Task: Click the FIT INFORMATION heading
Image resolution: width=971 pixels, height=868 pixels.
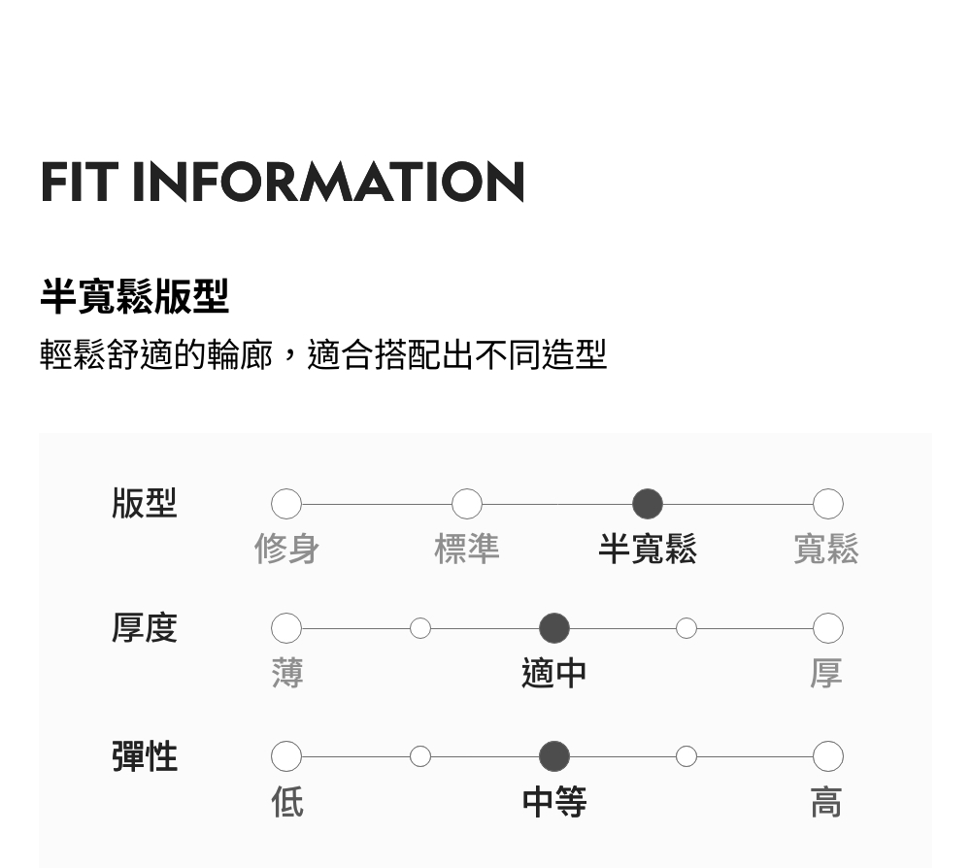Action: pos(283,182)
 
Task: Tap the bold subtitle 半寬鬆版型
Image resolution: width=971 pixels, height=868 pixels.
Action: pos(134,296)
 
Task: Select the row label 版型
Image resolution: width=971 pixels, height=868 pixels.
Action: pos(145,504)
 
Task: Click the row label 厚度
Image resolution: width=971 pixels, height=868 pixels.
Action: pos(145,628)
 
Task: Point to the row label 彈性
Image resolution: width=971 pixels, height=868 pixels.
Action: pos(145,756)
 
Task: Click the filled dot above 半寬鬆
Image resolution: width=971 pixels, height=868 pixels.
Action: pos(648,504)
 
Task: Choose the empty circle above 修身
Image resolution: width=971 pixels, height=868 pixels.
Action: pos(286,504)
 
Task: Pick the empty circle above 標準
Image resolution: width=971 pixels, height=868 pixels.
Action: pos(467,504)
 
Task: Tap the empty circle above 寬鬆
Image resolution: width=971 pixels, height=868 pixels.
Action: pos(827,504)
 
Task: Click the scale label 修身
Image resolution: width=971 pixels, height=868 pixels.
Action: pos(286,550)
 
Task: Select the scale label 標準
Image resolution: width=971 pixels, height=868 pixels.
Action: pos(467,550)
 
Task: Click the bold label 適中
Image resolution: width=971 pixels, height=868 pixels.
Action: pos(553,673)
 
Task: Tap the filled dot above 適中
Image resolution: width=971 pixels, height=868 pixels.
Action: pos(553,628)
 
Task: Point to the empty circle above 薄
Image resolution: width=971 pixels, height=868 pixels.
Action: pos(286,628)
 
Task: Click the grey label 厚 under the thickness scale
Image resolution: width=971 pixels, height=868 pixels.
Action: pos(826,673)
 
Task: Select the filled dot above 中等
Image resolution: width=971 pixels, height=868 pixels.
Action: pos(553,756)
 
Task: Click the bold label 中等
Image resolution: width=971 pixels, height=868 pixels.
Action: pos(553,802)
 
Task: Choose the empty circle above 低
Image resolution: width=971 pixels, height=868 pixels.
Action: pos(286,756)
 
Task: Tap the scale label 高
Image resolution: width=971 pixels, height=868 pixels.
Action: pos(826,802)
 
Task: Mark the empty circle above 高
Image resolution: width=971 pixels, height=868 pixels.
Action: pos(827,756)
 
